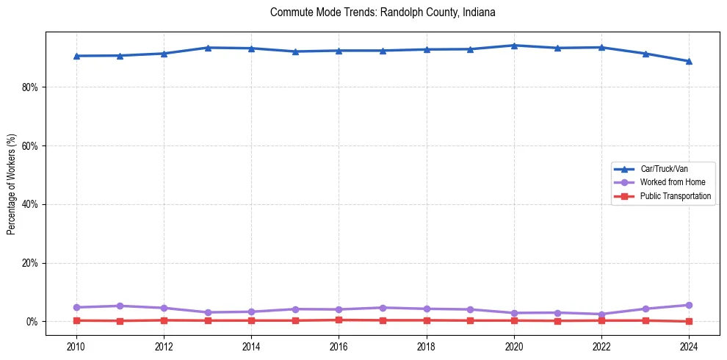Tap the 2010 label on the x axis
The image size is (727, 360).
click(76, 345)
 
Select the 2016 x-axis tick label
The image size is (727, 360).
click(339, 345)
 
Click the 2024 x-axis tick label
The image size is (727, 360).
click(689, 345)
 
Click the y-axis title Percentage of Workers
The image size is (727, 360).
click(11, 184)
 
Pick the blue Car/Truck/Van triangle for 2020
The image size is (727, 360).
click(514, 46)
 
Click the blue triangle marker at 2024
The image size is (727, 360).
click(689, 61)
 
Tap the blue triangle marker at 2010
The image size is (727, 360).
click(76, 56)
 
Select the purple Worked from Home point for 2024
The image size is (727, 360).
click(689, 305)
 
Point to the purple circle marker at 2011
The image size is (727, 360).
click(120, 306)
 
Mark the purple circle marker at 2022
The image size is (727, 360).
click(601, 314)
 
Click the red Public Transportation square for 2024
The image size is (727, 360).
click(689, 321)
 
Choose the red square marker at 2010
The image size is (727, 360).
click(76, 320)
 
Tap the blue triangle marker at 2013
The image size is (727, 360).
click(207, 48)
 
